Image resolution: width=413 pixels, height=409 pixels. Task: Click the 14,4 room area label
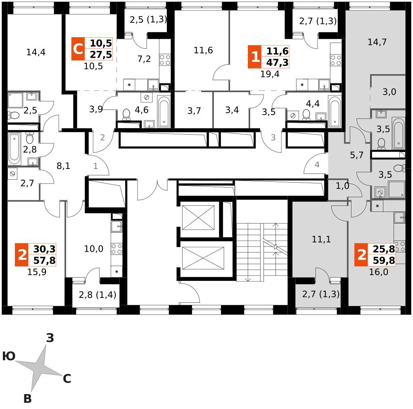coord(36,52)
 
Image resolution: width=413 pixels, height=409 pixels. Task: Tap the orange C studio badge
coord(78,49)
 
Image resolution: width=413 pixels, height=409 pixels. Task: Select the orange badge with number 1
coord(255,57)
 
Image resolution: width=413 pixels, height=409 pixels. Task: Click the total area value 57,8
coord(45,260)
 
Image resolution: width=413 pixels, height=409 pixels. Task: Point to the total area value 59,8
coord(384,260)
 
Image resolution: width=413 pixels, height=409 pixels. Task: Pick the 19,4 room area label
coord(270,74)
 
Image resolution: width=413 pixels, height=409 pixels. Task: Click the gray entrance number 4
coord(317,165)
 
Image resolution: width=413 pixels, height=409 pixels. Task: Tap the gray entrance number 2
coord(102,137)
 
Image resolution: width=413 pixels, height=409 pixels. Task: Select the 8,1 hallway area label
coord(63,166)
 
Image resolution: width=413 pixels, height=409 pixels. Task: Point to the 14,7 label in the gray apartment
coord(377,42)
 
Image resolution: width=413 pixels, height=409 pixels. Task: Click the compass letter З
coord(50,338)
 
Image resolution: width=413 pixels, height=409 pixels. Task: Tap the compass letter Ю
coord(9,356)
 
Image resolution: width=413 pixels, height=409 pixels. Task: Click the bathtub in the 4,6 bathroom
coord(164,112)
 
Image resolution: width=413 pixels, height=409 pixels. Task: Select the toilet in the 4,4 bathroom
coord(306,114)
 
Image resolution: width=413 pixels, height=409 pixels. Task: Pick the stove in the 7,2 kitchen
coord(165,59)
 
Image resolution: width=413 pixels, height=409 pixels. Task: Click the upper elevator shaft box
coord(198,218)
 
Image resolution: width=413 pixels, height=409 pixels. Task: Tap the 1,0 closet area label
coord(342,186)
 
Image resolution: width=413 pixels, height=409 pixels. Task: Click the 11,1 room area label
coord(321,239)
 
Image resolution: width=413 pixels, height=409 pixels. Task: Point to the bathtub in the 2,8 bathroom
coord(15,149)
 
